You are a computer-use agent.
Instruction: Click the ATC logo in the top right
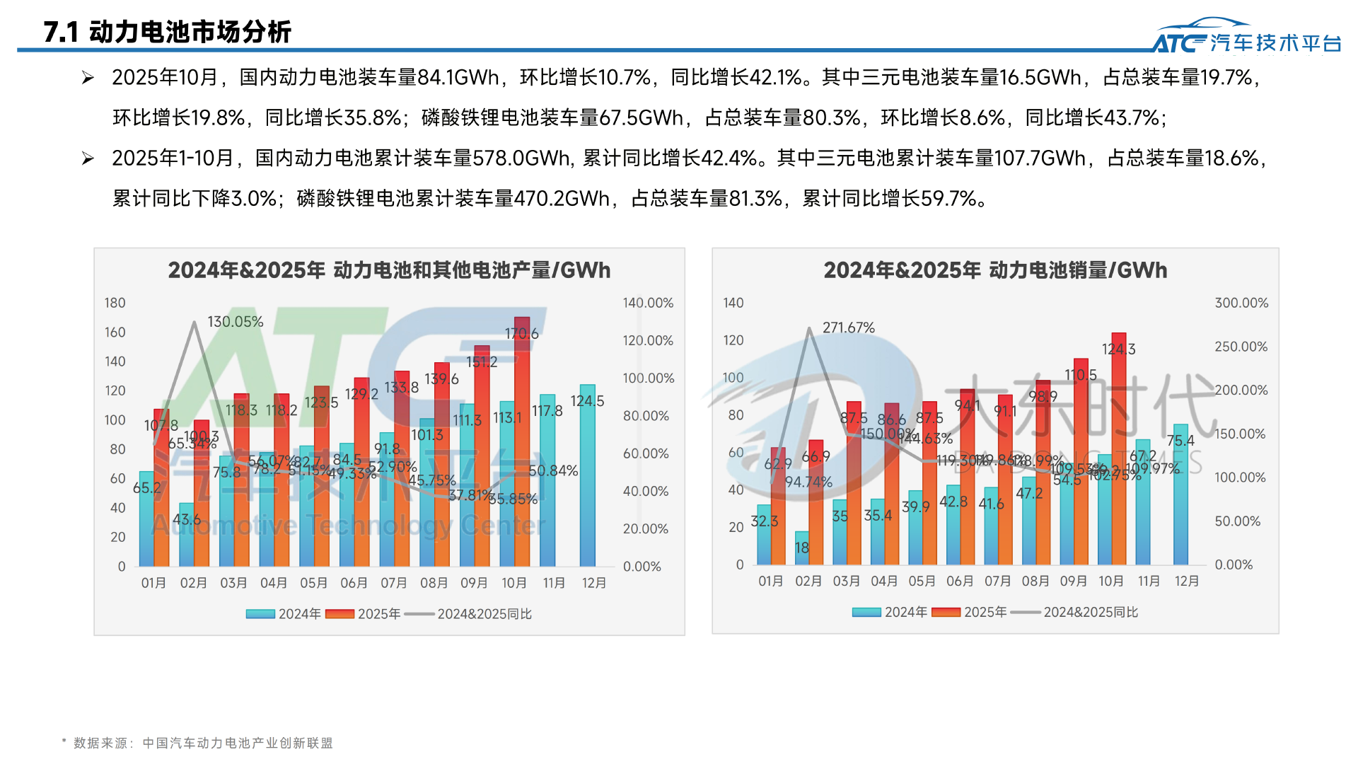tap(1246, 37)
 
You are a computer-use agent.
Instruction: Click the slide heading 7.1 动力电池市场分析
tap(167, 32)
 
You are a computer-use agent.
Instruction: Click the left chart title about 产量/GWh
tap(389, 270)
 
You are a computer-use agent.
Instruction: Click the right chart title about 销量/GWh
tap(995, 270)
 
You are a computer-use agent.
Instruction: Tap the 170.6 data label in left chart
tap(521, 333)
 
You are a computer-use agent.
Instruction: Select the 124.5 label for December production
tap(587, 401)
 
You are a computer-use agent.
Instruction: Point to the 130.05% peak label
tap(235, 322)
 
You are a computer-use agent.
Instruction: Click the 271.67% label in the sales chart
tap(848, 328)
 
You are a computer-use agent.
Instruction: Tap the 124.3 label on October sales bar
tap(1118, 349)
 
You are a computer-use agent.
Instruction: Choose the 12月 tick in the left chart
tap(594, 583)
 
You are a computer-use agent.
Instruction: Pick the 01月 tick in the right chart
tap(770, 581)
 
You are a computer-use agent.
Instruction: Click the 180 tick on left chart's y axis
tap(115, 303)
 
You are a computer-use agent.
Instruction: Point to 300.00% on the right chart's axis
tap(1241, 303)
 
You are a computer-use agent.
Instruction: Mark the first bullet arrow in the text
tap(88, 78)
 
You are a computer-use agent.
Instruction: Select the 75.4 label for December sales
tap(1180, 441)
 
